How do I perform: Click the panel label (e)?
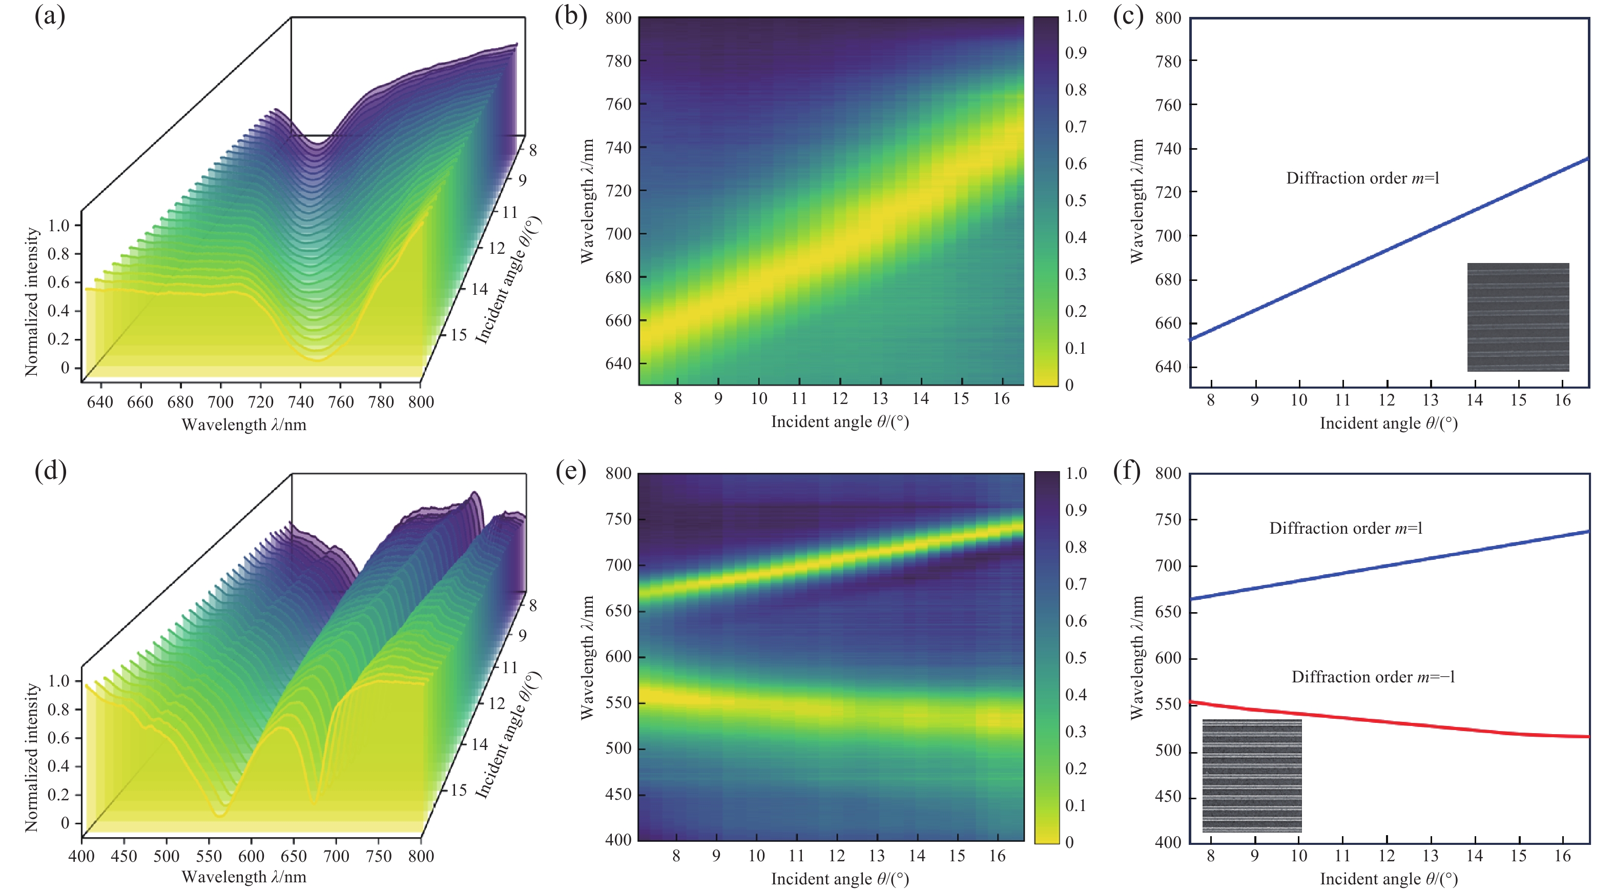point(571,471)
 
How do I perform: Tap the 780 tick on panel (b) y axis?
point(618,61)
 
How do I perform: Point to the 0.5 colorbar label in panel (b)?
point(1076,200)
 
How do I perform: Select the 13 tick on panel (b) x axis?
point(880,399)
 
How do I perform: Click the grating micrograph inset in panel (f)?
point(1252,775)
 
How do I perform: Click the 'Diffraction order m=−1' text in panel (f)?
point(1373,677)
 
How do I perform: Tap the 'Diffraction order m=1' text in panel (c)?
point(1363,178)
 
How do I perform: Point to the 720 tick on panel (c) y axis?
point(1168,192)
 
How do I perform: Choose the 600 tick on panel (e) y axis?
point(618,656)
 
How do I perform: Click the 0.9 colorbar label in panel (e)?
point(1076,510)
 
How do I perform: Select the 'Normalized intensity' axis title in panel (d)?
point(31,757)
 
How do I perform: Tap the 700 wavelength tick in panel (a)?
point(220,402)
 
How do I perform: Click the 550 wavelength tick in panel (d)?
point(209,856)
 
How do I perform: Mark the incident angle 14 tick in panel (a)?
point(479,289)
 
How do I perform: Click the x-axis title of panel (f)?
point(1389,879)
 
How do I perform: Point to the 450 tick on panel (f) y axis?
point(1168,796)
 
